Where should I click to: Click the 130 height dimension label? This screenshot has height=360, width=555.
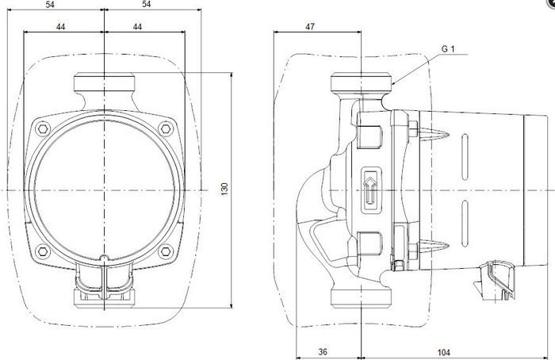click(x=224, y=189)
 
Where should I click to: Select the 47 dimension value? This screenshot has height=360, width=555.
click(x=310, y=26)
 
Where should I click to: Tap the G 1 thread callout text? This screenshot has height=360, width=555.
click(x=448, y=49)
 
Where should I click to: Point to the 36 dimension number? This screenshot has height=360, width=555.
click(x=323, y=352)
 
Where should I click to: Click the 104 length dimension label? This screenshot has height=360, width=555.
click(x=443, y=352)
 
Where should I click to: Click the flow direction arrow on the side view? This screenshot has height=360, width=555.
click(x=370, y=190)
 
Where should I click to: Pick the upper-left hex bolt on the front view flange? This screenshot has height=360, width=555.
click(x=43, y=128)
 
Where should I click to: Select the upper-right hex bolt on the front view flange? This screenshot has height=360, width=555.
click(x=165, y=128)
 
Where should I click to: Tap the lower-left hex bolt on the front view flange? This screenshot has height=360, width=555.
click(x=43, y=251)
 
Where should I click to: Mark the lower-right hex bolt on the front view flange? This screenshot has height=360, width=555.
click(x=165, y=251)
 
